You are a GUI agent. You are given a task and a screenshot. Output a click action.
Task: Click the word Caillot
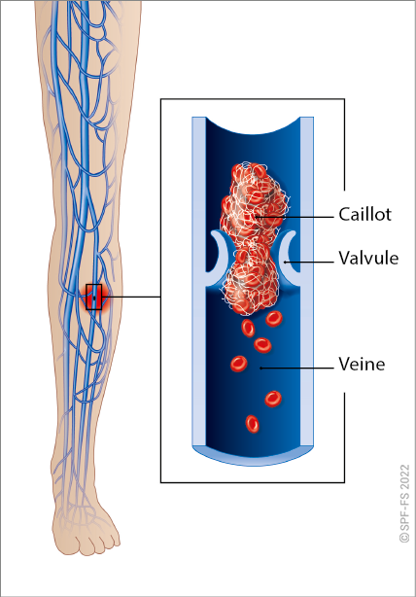pos(364,214)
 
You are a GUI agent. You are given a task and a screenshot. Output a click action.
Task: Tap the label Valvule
pos(368,258)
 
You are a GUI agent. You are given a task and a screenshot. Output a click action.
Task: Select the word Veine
pos(362,365)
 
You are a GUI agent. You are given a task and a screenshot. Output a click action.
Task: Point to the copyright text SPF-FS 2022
pos(404,503)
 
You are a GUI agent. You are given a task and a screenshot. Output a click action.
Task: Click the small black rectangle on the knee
pos(93,297)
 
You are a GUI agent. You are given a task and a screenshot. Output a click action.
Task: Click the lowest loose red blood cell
pos(252,424)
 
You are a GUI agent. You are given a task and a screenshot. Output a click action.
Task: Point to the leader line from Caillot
pos(295,217)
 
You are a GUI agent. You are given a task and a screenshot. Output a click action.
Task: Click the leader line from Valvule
pos(309,262)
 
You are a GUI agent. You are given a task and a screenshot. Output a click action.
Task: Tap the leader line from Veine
pos(296,369)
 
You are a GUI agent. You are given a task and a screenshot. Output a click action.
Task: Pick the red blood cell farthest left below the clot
pos(239,364)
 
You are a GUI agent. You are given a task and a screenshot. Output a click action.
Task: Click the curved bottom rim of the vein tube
pos(253,456)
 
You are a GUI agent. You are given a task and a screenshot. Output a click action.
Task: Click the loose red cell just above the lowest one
pos(273,399)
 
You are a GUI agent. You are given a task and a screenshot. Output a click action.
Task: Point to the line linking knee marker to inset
pos(131,297)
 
